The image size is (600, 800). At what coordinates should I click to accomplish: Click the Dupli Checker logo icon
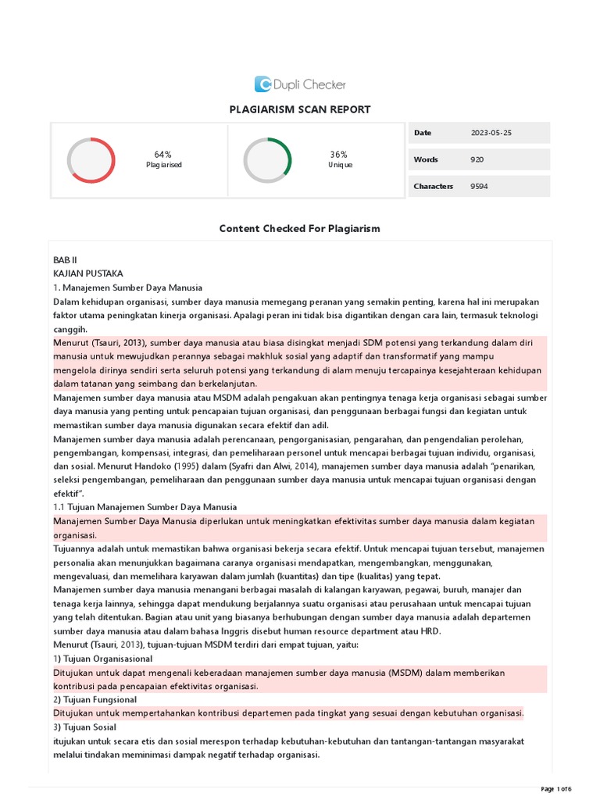point(263,84)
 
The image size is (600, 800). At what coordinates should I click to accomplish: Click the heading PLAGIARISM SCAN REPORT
point(300,109)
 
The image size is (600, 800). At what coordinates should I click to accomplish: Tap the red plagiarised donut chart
point(91,160)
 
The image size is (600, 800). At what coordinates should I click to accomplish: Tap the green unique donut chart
point(267,160)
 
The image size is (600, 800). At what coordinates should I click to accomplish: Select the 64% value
point(163,155)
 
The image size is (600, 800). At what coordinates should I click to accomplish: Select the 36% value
point(339,155)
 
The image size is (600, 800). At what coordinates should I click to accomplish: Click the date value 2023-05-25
point(491,133)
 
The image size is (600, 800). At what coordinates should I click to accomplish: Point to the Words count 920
point(477,159)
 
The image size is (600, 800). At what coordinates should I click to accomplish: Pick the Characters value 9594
point(479,186)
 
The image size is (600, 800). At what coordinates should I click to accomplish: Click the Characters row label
point(433,186)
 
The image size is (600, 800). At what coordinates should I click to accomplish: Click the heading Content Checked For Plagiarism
point(299,228)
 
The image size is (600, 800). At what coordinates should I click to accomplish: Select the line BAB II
point(65,259)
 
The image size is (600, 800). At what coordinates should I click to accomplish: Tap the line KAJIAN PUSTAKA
point(88,273)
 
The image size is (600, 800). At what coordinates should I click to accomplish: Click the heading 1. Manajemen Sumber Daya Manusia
point(128,287)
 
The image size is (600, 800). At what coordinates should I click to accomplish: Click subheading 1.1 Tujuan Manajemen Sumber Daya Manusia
point(145,507)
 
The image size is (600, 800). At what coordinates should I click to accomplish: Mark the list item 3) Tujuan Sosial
point(87,727)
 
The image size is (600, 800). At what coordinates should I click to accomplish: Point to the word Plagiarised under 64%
point(164,166)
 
